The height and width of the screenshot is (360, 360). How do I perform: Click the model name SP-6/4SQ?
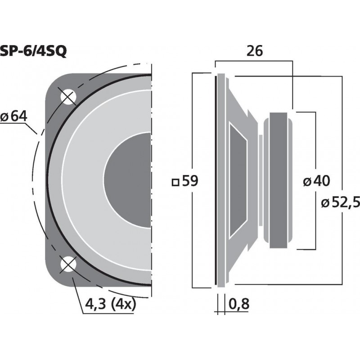coord(34,51)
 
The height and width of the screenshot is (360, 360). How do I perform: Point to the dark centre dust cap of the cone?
coord(128,180)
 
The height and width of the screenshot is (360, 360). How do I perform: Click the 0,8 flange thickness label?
coord(239,305)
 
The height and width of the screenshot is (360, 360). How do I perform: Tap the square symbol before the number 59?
coord(176,182)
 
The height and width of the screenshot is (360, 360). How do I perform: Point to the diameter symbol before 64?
coord(5,117)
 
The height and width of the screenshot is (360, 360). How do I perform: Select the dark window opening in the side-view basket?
coord(238,180)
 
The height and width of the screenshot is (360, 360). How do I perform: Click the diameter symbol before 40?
coord(307,182)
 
